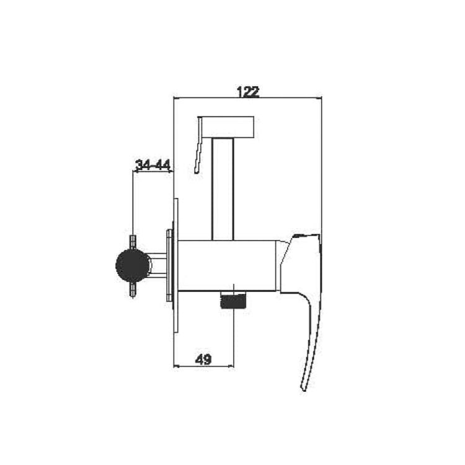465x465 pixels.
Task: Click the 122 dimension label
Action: point(248,92)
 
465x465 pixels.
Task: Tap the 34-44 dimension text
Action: point(153,165)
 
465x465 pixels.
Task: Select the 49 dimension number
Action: point(203,360)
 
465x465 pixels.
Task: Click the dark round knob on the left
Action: point(132,265)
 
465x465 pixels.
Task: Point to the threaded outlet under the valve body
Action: point(234,299)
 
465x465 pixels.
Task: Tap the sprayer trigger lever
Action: point(199,145)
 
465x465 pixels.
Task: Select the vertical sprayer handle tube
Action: point(223,189)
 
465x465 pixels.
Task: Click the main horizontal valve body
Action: point(227,265)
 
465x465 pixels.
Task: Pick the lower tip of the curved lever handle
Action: point(303,389)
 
